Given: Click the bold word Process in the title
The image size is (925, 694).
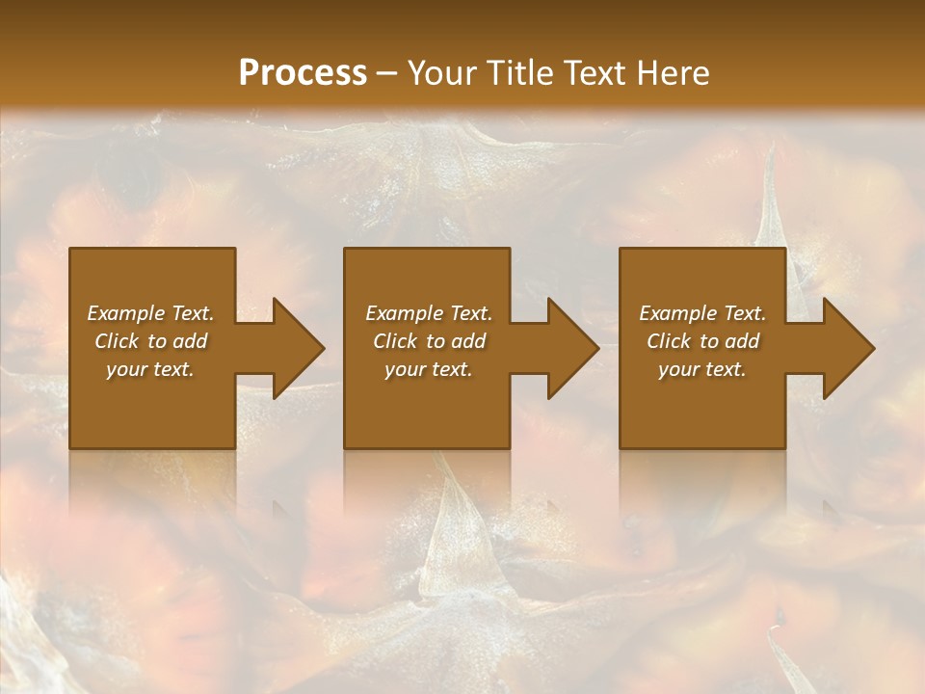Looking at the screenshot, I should coord(303,73).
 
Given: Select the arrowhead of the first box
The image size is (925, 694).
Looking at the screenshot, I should coord(298,348).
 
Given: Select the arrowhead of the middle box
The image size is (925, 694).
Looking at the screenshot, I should coord(572,348).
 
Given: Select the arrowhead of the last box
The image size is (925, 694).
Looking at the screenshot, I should coord(848,348).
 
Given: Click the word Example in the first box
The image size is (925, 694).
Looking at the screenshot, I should coord(125,313).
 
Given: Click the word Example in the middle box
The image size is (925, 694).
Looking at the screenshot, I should coord(404,313).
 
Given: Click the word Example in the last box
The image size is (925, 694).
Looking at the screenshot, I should coord(677,313).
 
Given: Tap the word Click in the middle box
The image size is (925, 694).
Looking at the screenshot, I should coord(395,341).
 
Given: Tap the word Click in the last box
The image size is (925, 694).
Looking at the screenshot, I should coord(669,341).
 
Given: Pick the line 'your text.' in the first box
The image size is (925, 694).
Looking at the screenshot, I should coord(150,369).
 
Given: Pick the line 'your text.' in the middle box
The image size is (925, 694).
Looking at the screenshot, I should coord(428,369).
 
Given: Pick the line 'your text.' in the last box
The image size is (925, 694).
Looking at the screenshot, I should coord(701,369).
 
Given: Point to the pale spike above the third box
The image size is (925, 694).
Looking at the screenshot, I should coord(771,207).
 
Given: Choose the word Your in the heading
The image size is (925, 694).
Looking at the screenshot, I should coord(445,73).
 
